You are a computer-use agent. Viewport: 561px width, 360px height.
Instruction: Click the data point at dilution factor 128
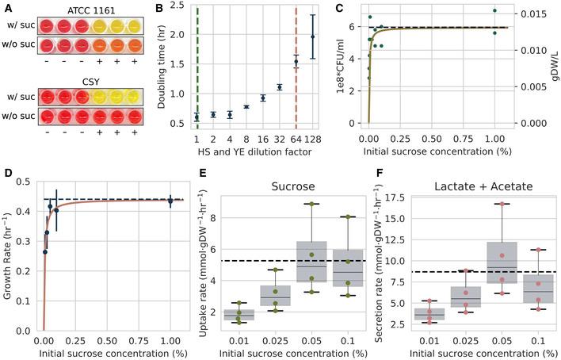(x=313, y=36)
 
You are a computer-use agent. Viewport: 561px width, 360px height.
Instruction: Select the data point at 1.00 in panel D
(x=170, y=201)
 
